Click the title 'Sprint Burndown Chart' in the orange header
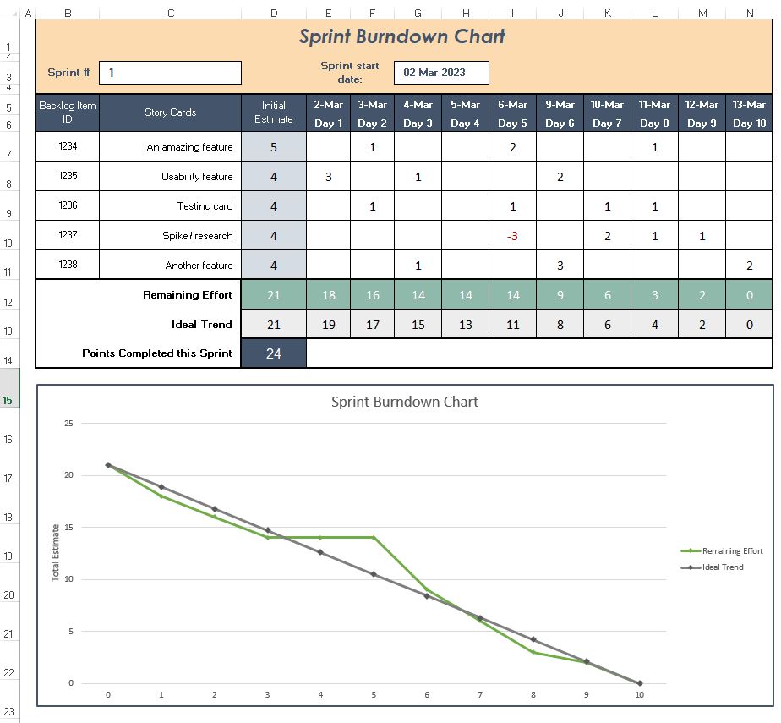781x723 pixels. coord(402,36)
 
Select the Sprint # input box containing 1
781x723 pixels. coord(170,73)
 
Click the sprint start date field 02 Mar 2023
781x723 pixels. coord(441,73)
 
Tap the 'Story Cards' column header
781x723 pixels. coord(170,112)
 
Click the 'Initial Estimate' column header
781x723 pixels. coord(274,112)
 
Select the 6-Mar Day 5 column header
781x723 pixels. coord(512,113)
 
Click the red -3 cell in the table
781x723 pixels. coord(512,236)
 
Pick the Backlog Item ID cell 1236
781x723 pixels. coord(68,206)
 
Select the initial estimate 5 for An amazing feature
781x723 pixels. coord(274,147)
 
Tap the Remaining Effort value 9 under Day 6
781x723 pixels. coord(560,295)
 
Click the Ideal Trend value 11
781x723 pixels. coord(512,324)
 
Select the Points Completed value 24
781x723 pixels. coord(274,353)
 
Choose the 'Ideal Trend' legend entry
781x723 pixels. coord(723,567)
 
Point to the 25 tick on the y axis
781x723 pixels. coord(69,423)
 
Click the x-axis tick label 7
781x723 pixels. coord(480,695)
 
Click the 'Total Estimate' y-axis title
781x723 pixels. coord(57,552)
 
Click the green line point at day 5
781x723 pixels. coord(374,537)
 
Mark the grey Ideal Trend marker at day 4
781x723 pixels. coord(320,552)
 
